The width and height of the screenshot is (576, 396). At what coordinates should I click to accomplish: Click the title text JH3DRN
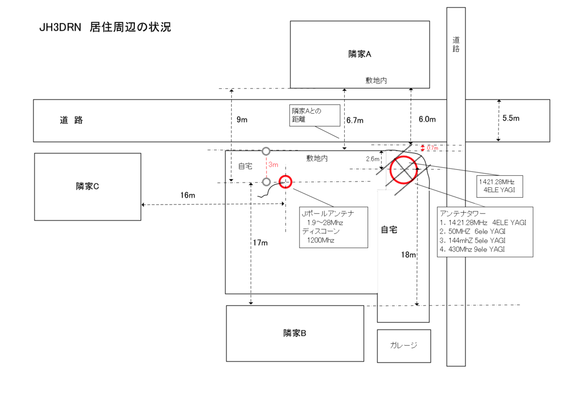pos(60,27)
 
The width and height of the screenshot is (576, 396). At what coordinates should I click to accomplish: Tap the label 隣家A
pos(360,54)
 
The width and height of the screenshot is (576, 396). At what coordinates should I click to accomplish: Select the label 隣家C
pos(87,186)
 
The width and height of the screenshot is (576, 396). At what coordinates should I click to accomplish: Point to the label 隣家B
pos(295,333)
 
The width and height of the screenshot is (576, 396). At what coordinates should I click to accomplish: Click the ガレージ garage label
pos(404,345)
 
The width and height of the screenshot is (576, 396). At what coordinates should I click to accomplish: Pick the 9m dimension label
pos(242,120)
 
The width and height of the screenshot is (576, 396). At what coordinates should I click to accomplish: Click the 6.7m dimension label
pos(355,120)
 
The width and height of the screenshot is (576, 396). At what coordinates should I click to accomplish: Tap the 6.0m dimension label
pos(427,120)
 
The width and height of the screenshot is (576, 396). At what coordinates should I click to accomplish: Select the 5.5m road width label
pos(511,118)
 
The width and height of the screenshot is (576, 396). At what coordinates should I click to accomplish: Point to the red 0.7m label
pos(432,148)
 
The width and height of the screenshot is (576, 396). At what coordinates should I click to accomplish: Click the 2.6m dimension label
pos(372,159)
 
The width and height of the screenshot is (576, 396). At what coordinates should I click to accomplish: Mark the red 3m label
pos(273,165)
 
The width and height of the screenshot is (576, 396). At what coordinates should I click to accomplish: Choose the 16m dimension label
pos(188,195)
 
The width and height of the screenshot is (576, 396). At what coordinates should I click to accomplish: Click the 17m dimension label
pos(260,243)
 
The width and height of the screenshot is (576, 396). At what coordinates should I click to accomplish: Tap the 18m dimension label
pos(408,255)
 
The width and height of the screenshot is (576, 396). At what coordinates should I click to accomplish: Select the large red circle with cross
pos(403,156)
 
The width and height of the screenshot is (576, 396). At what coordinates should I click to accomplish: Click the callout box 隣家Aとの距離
pos(315,116)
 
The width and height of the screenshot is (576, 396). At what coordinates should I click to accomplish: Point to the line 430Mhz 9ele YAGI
pos(472,250)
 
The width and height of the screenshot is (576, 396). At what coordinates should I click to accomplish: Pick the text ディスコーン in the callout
pos(321,231)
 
